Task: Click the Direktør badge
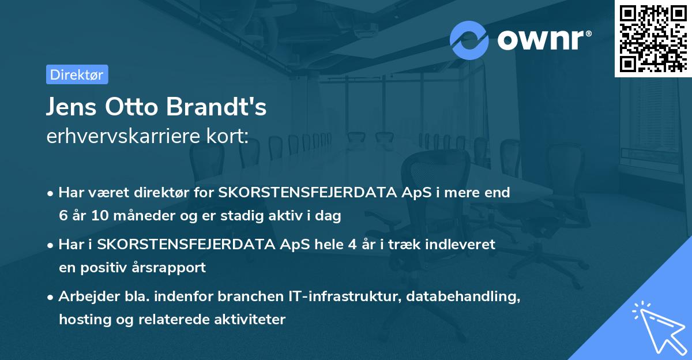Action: click(77, 74)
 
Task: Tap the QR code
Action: click(653, 38)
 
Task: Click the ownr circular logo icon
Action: click(469, 40)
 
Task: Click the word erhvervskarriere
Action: click(127, 136)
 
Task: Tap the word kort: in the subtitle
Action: click(229, 136)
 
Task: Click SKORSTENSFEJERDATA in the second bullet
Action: click(185, 245)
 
